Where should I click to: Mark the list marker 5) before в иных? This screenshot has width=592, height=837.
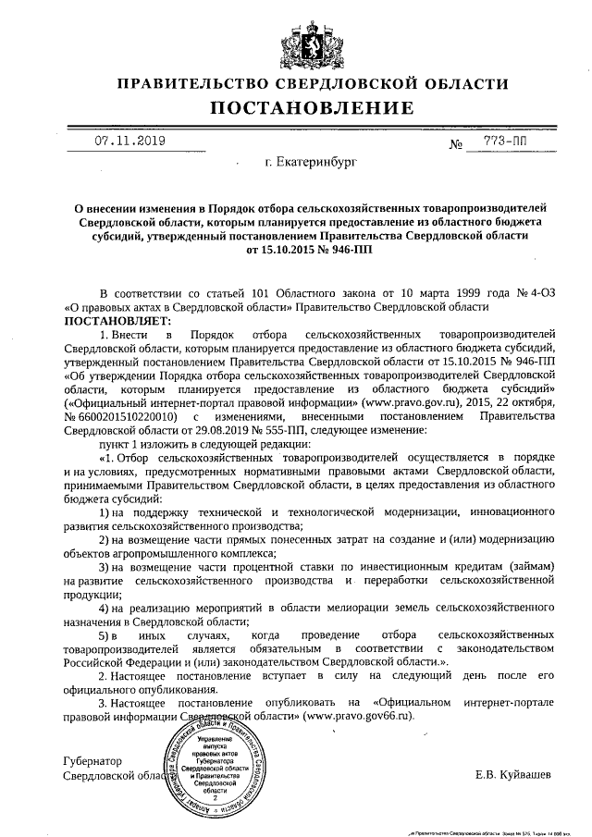click(104, 636)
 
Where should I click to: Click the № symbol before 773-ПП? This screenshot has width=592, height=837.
click(455, 144)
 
